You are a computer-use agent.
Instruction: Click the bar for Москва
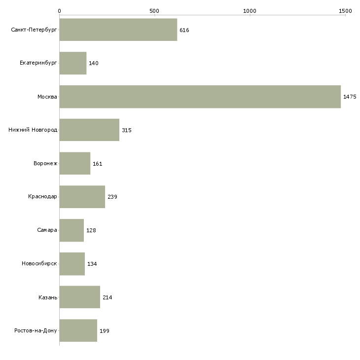pos(200,97)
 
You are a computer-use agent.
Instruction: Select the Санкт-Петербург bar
pos(118,30)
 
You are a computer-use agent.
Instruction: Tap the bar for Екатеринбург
pos(73,63)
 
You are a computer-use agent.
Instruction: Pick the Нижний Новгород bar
pos(89,130)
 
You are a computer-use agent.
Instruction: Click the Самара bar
pos(72,230)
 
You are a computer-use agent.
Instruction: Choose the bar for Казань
pos(80,297)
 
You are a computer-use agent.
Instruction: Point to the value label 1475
pos(350,97)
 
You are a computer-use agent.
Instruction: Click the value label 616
pos(184,30)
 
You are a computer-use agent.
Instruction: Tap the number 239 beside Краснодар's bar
pos(112,197)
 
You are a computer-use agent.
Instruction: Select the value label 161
pos(97,164)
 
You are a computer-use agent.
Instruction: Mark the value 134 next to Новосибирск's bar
pos(92,264)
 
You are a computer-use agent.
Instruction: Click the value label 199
pos(105,331)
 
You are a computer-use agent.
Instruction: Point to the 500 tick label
pos(154,11)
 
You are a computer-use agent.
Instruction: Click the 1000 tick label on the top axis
pos(250,11)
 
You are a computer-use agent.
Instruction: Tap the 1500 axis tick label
pos(345,11)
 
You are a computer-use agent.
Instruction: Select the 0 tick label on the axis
pos(60,11)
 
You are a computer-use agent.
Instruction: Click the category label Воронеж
pos(45,163)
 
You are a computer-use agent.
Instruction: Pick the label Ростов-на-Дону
pos(36,330)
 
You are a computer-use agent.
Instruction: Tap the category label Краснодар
pos(42,197)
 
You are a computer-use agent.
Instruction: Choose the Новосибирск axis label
pos(39,263)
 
